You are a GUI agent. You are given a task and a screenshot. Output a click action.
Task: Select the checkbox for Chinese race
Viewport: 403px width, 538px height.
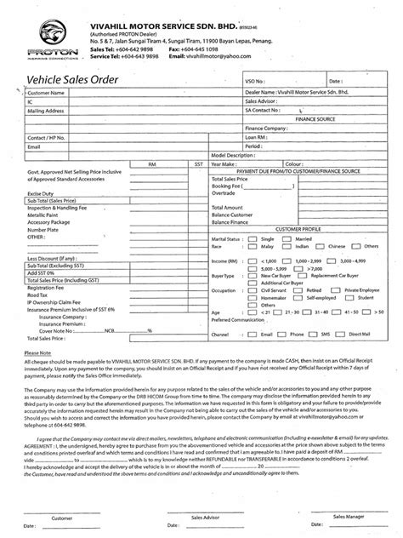320,249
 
